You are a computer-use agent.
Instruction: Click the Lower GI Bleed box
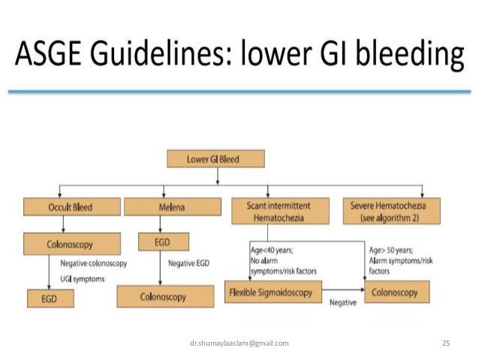click(215, 159)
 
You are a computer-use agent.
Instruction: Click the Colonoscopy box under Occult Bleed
click(72, 244)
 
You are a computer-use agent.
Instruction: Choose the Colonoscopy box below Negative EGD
click(163, 297)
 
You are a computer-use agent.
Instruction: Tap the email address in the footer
click(239, 343)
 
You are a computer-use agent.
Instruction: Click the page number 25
click(445, 343)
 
